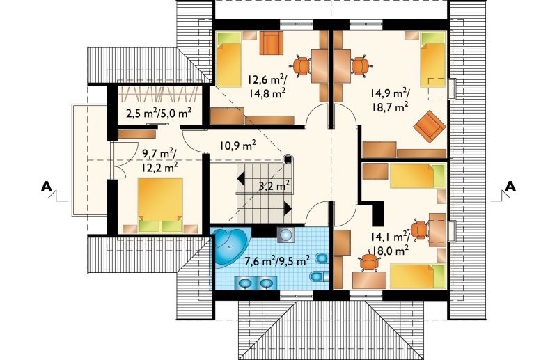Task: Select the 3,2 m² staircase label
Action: click(274, 185)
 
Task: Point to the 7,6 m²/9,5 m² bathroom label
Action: click(277, 261)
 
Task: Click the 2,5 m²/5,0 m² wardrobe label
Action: click(159, 114)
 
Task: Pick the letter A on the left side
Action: click(46, 186)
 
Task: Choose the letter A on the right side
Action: click(510, 186)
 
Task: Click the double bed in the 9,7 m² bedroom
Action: click(160, 205)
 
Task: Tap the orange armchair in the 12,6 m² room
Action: click(272, 43)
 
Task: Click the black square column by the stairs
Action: click(288, 159)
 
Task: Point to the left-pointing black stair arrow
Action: click(241, 178)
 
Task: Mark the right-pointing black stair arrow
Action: click(288, 208)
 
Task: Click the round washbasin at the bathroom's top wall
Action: click(285, 235)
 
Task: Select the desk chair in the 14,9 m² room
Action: click(361, 66)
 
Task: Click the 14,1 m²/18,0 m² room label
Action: click(391, 244)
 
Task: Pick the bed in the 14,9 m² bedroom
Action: click(432, 59)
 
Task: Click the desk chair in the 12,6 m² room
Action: click(302, 66)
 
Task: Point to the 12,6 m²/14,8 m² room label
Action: click(268, 86)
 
